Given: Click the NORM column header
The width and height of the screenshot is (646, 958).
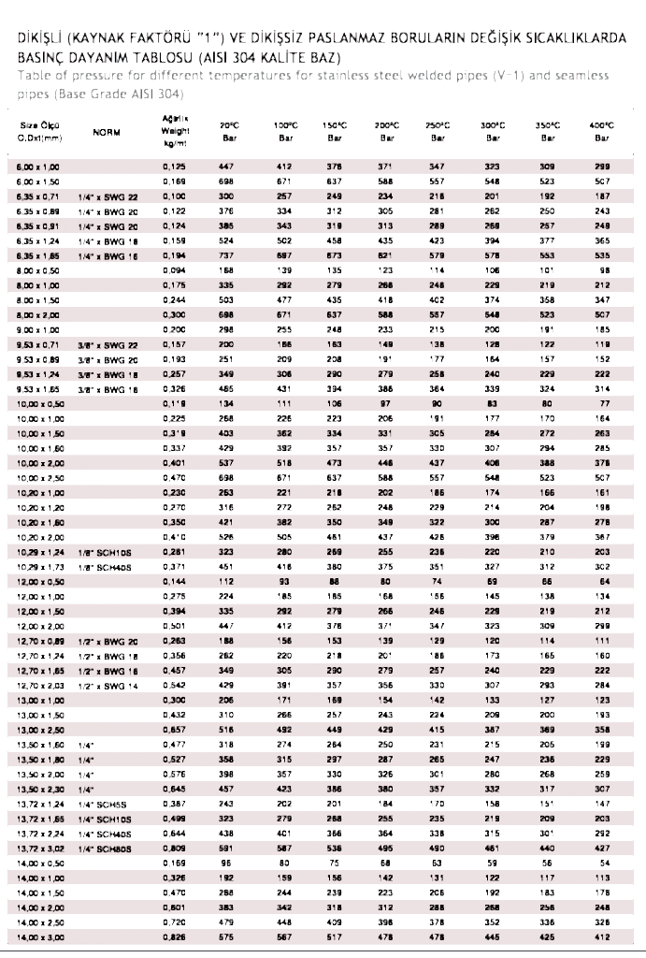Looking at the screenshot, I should [x=107, y=133].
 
